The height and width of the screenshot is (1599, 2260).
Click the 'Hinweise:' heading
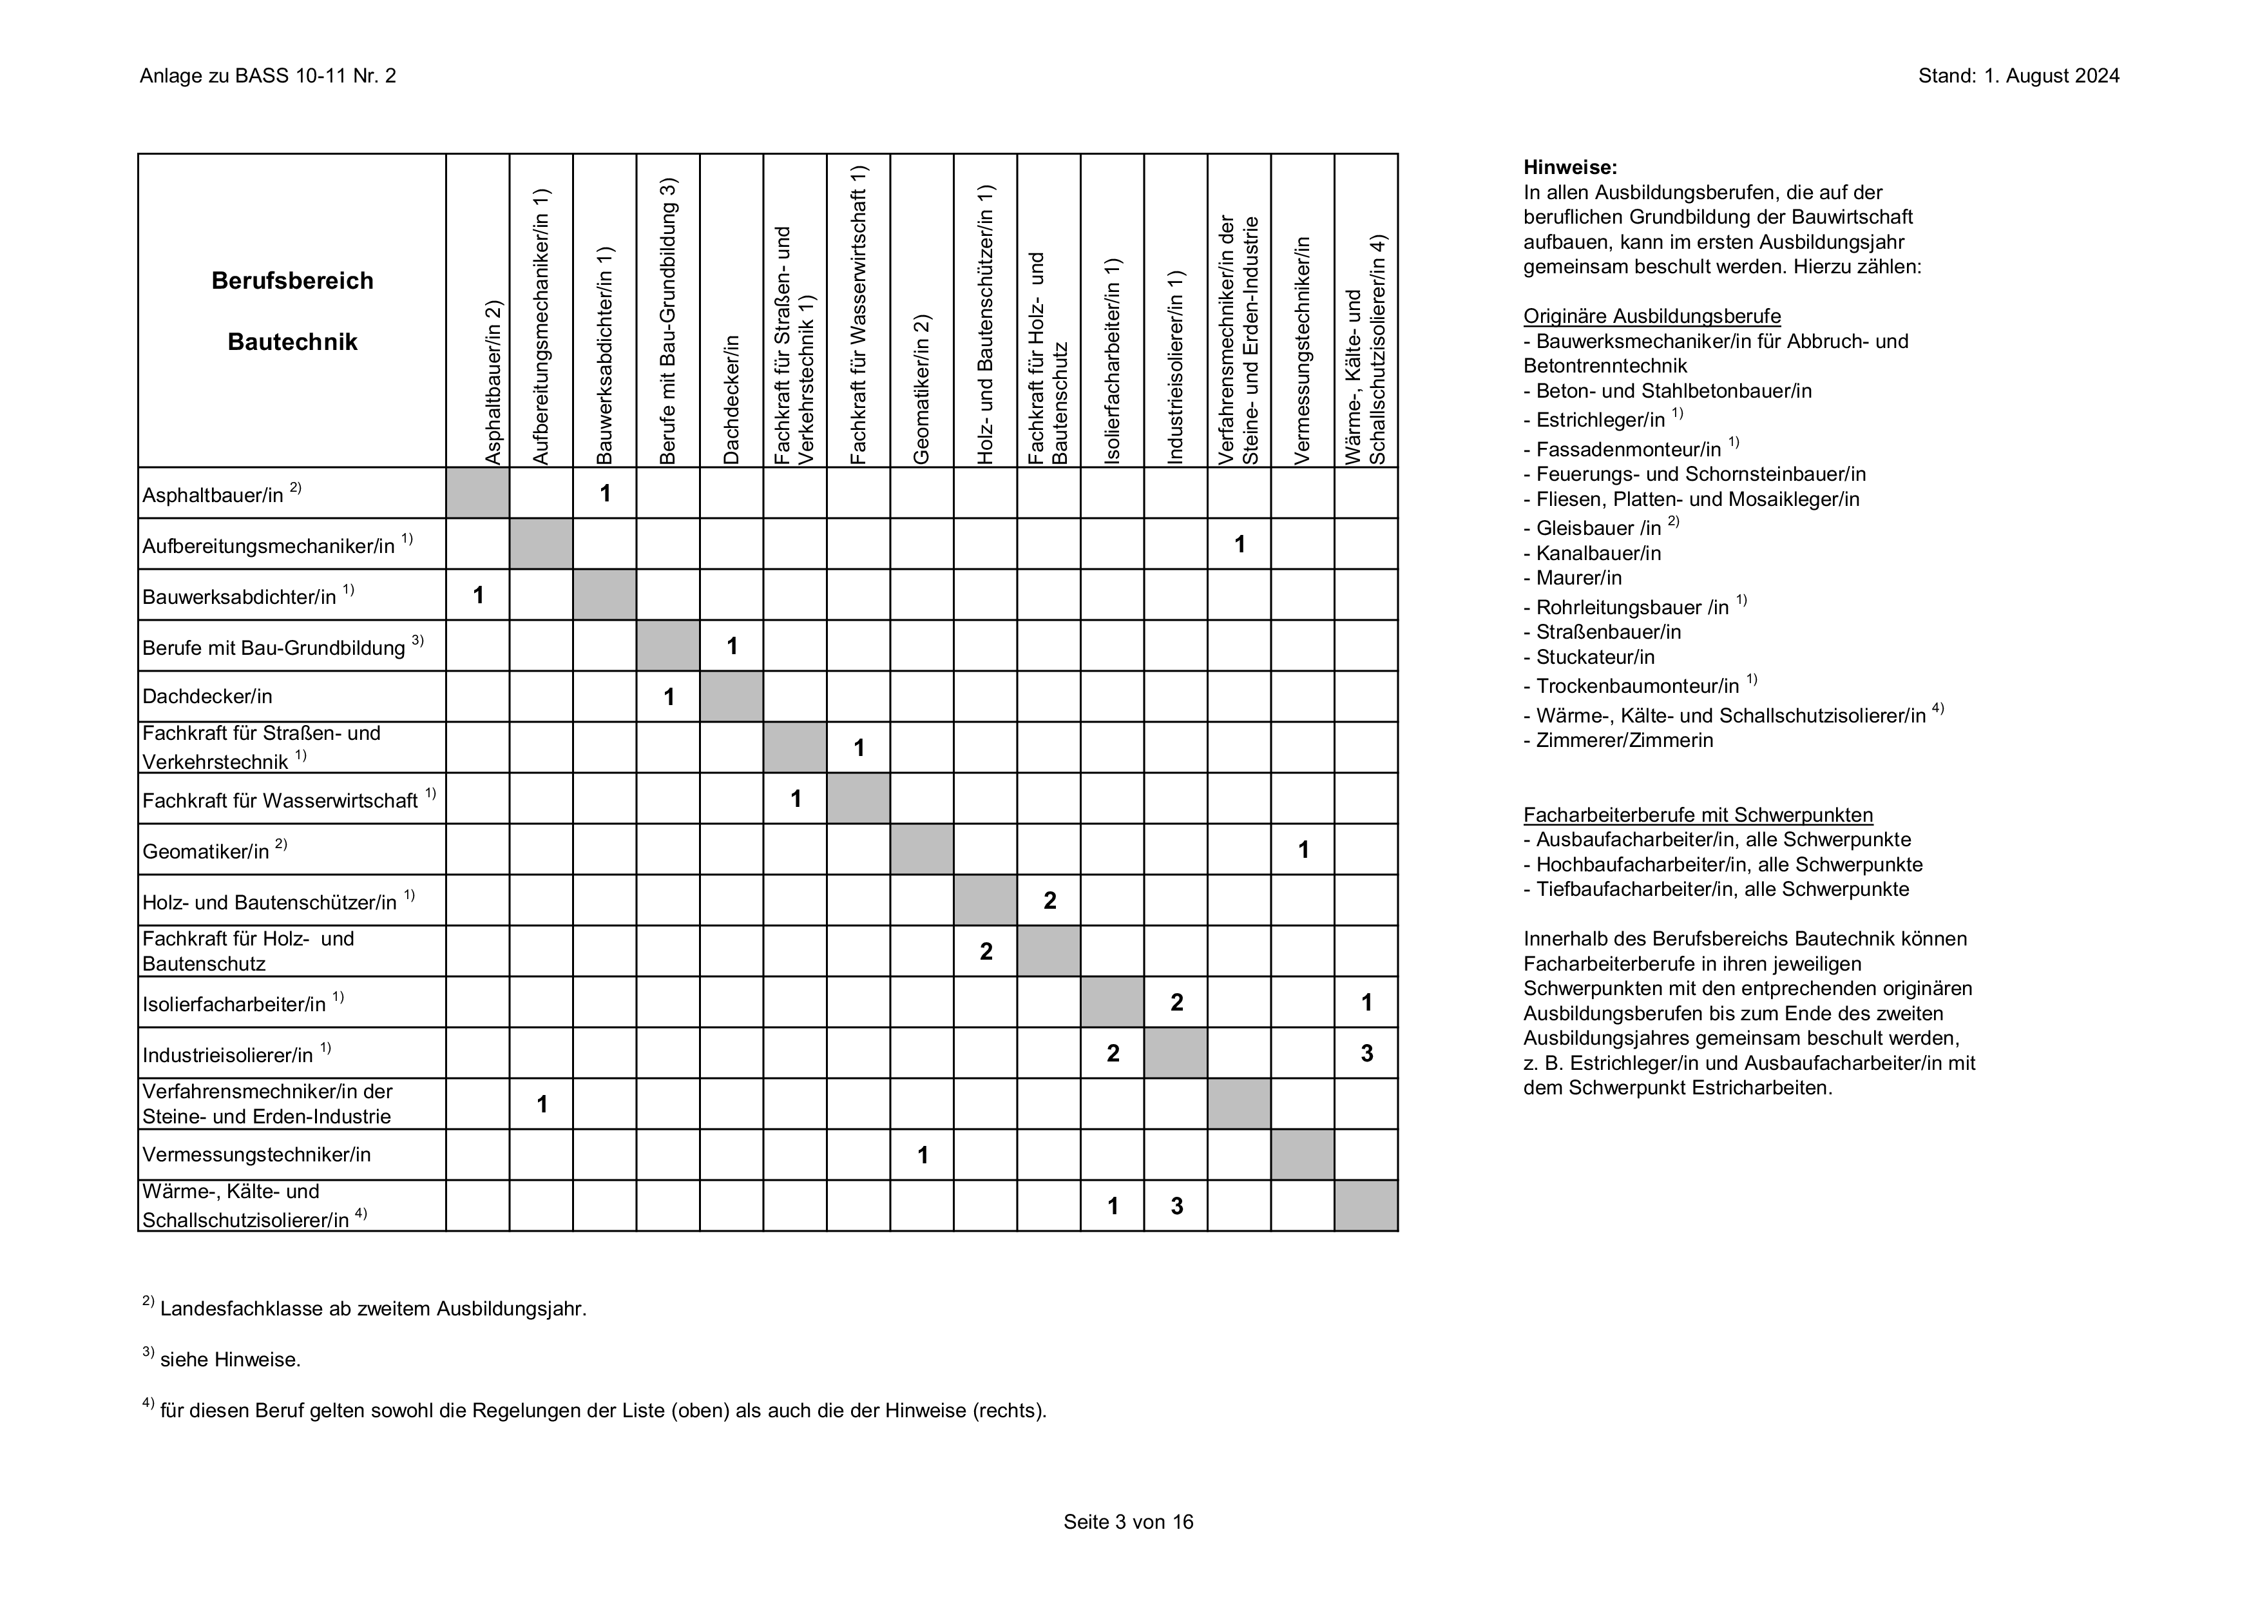[1570, 168]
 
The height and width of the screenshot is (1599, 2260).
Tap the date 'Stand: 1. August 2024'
[2018, 76]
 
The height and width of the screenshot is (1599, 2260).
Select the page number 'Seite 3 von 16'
[1128, 1522]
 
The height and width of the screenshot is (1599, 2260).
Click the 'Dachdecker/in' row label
[207, 696]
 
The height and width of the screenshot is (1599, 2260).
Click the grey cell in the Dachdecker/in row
[731, 696]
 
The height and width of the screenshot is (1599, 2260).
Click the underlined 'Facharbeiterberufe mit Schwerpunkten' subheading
[1698, 815]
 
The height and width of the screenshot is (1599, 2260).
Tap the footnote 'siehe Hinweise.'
[229, 1360]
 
